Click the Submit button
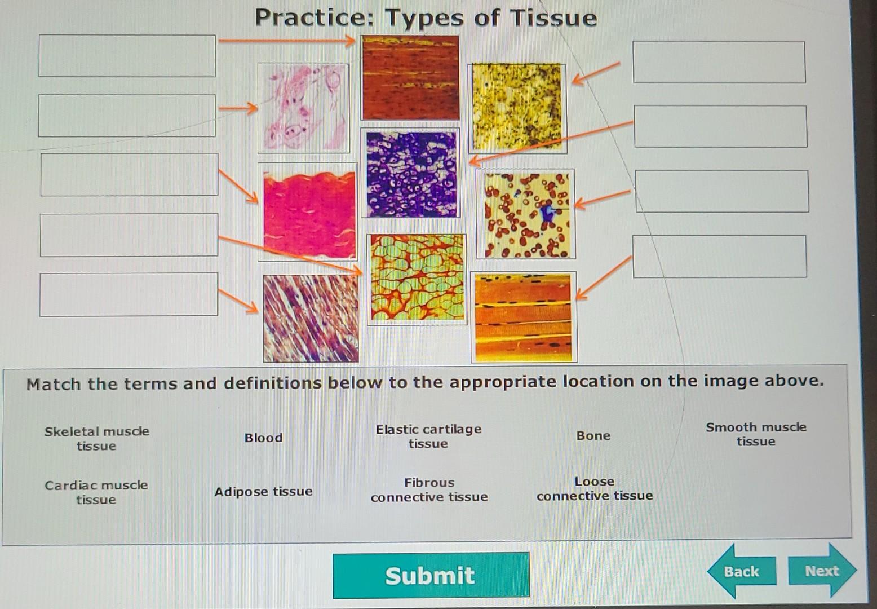(x=431, y=575)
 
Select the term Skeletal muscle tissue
(x=97, y=439)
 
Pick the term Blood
(x=263, y=438)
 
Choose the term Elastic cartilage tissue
(x=429, y=436)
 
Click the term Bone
(x=593, y=435)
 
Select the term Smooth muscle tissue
(x=756, y=434)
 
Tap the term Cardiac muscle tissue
(x=96, y=492)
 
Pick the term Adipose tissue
(x=263, y=491)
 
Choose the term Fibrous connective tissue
(x=429, y=489)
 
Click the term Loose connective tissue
(x=595, y=488)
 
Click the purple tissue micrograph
(x=410, y=173)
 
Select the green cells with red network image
(x=417, y=279)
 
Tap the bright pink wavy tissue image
(x=308, y=211)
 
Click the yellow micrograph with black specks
(x=517, y=108)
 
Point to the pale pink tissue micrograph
(x=303, y=108)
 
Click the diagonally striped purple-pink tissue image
(x=311, y=319)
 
